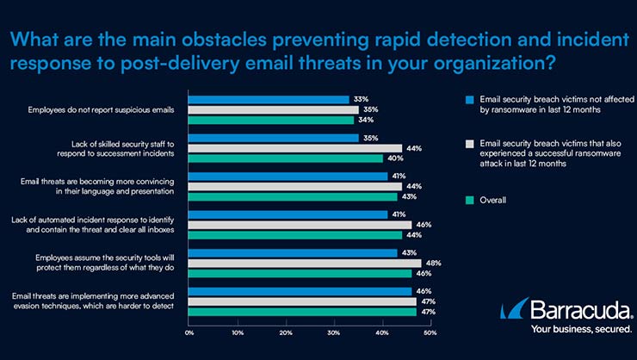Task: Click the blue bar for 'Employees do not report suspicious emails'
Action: tap(268, 100)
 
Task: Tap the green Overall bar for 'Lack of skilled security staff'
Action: tap(284, 158)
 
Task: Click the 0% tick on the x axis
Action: tap(189, 332)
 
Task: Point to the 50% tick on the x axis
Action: tap(430, 332)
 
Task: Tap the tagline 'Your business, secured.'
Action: tap(580, 329)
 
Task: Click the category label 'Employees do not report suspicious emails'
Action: tap(114, 110)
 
